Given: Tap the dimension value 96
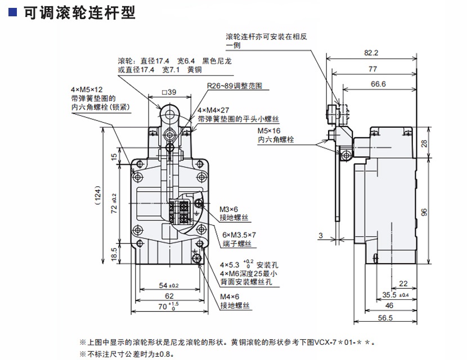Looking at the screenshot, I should coord(424,212).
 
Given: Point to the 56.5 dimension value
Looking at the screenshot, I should coord(385,318).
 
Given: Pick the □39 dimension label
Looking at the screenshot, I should coord(168,92).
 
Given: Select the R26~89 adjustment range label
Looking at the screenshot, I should coord(234,86).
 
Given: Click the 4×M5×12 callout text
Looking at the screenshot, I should coord(87,89).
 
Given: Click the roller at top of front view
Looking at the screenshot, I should coord(169,111).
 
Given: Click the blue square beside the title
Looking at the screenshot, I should coord(13,12).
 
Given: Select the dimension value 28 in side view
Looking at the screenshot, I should coord(424,143).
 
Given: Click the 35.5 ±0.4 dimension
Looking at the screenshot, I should coord(395,295).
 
